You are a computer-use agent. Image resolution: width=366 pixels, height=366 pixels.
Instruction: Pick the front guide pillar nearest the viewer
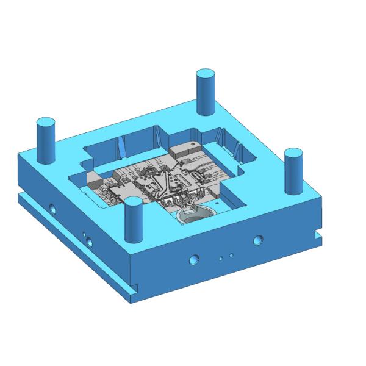133,220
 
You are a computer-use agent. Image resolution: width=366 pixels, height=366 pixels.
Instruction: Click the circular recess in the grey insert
193,217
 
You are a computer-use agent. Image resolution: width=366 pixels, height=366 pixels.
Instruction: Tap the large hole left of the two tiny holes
195,259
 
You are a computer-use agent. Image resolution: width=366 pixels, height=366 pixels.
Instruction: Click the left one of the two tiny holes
221,258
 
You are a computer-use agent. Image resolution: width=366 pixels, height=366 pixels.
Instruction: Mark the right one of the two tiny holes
231,254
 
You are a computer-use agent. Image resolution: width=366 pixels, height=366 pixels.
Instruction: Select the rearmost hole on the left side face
52,207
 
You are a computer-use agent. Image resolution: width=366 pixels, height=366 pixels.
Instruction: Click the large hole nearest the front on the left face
91,241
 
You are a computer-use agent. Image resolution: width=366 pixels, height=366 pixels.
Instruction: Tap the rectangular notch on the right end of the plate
318,234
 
